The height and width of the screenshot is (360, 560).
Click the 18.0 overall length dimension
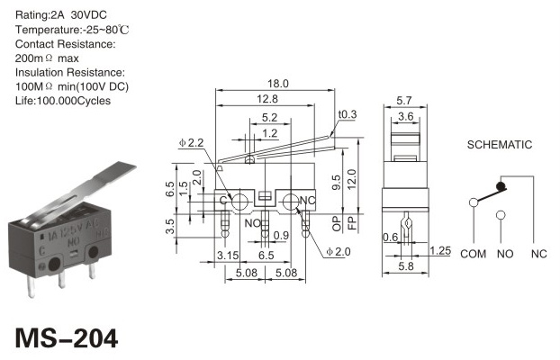tap(278, 84)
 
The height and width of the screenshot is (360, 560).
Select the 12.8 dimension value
tap(267, 99)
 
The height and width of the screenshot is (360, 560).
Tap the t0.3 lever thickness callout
tap(348, 114)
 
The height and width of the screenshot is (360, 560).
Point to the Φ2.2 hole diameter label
tap(192, 143)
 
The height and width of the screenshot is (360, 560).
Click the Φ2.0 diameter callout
tap(339, 252)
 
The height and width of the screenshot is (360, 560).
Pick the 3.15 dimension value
tap(228, 256)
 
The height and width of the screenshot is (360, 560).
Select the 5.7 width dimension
tap(404, 101)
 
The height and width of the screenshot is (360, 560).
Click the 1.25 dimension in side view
tap(440, 250)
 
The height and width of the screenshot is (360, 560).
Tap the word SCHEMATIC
tap(500, 145)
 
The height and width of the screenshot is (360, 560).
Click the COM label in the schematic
tap(474, 254)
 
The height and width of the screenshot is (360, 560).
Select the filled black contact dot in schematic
tap(501, 186)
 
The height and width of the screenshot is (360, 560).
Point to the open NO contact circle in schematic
tap(501, 215)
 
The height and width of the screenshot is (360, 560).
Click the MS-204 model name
tap(67, 338)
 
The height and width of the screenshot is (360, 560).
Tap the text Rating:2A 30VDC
tap(61, 15)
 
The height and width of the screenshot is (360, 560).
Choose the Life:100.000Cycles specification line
tap(63, 101)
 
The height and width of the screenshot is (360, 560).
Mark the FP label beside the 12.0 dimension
tap(352, 223)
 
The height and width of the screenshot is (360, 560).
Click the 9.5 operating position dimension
tap(337, 183)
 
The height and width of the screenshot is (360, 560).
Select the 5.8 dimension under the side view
tap(406, 266)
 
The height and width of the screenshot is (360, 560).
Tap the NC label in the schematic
tap(539, 254)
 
